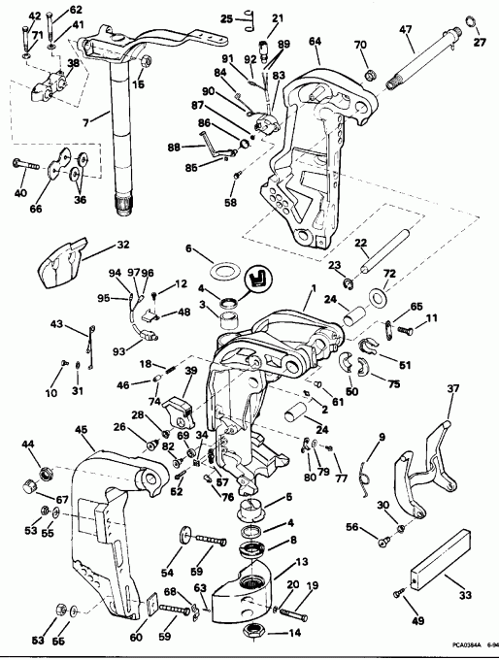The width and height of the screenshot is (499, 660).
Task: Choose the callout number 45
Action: (x=81, y=430)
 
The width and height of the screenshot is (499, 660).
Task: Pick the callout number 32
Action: (x=122, y=245)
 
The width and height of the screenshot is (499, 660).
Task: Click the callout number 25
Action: (x=224, y=18)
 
